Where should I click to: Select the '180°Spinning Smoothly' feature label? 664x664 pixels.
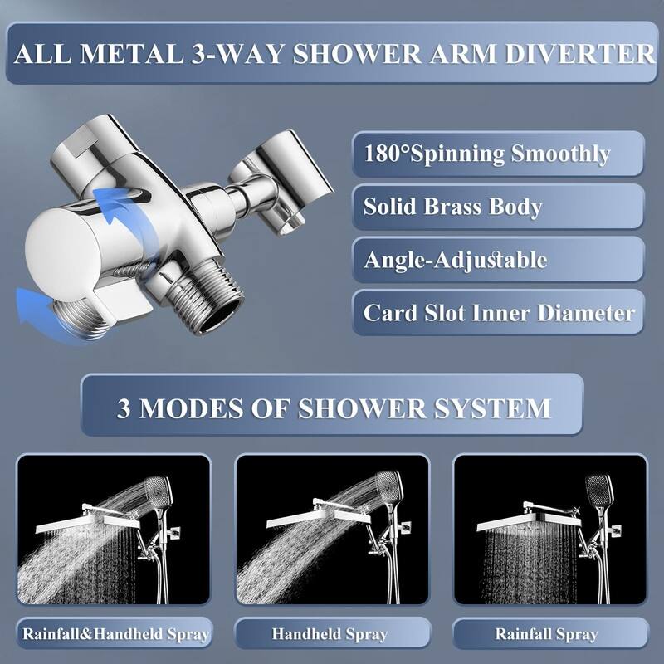click(487, 154)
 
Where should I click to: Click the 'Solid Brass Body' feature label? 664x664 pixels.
click(452, 207)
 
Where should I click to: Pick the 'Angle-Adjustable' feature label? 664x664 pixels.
click(455, 260)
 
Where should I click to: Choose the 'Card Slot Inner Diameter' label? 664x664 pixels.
click(499, 313)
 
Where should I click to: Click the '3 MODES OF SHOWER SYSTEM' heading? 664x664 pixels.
click(333, 408)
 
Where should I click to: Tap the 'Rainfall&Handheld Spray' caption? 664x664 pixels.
click(115, 634)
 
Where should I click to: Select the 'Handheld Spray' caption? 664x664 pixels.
click(330, 634)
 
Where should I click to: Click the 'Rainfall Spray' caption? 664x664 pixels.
click(546, 634)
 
